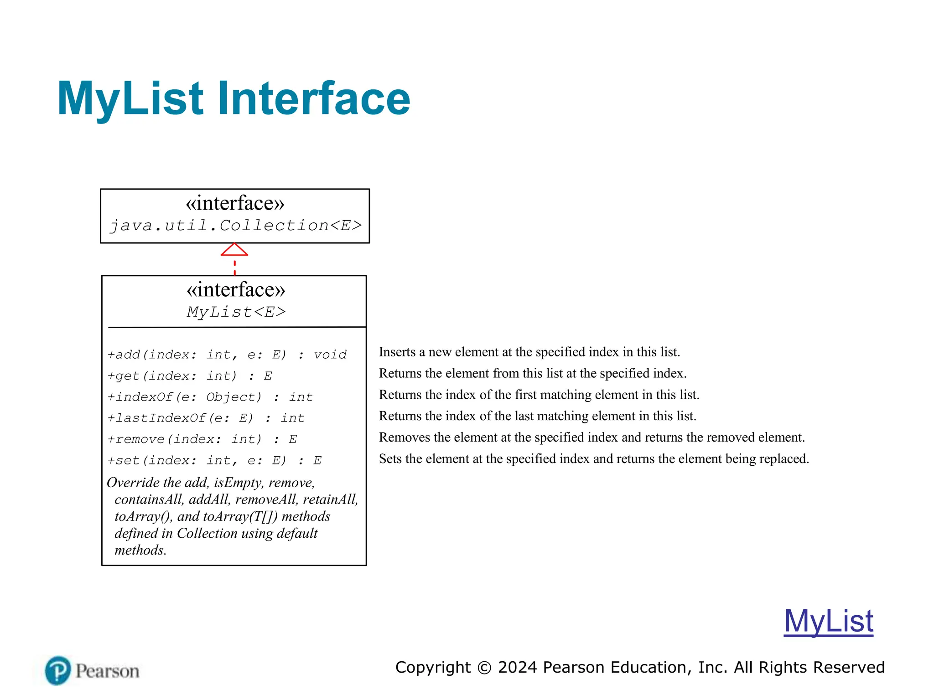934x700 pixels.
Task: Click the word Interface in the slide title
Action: pos(314,98)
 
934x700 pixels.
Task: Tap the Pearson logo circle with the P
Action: pos(58,670)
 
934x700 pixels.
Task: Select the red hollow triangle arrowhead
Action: pos(234,250)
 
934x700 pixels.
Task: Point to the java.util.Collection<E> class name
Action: pos(235,226)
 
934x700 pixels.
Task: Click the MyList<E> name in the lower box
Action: pos(236,312)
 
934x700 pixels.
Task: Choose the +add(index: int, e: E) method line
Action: pos(227,355)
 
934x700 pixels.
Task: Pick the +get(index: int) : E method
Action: pos(189,376)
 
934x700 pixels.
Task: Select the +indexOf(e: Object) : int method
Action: pos(210,397)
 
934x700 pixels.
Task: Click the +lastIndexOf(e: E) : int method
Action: pos(206,418)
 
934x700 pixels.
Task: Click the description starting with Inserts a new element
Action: pos(529,352)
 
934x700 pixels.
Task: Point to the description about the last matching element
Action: pos(537,416)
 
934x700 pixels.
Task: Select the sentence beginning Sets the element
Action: pos(594,458)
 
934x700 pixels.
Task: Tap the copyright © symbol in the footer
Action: pos(484,668)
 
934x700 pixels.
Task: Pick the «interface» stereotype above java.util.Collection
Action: pos(235,203)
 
